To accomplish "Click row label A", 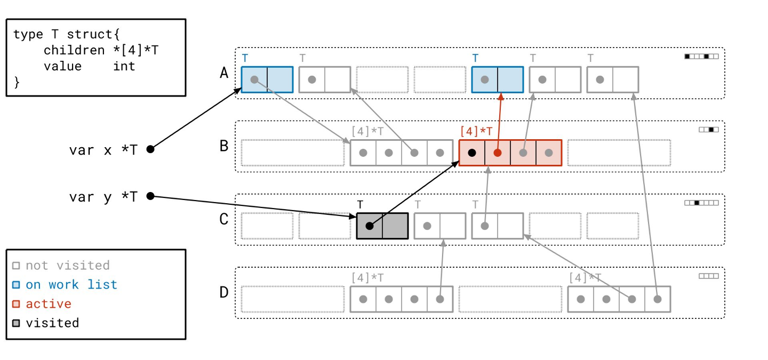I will click(x=224, y=73).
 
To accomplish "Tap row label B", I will click(x=224, y=146).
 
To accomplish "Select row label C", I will click(x=224, y=219).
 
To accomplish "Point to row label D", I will click(x=224, y=292).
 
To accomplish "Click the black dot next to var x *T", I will click(x=150, y=149).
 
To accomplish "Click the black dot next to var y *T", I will click(x=150, y=196).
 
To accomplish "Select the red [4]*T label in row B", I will click(x=476, y=131).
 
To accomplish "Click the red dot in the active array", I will click(x=498, y=153).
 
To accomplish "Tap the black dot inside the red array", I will click(x=472, y=153).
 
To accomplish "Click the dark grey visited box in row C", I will click(x=382, y=226).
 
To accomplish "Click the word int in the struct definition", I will click(x=124, y=66).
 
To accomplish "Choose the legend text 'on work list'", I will click(x=71, y=284).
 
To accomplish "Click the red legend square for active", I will click(x=16, y=304).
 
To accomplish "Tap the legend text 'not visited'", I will click(x=67, y=265).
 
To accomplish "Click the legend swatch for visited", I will click(x=16, y=323).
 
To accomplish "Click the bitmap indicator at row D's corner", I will click(x=709, y=276).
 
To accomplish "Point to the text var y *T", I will click(x=103, y=197).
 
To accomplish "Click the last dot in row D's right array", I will click(x=658, y=299).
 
